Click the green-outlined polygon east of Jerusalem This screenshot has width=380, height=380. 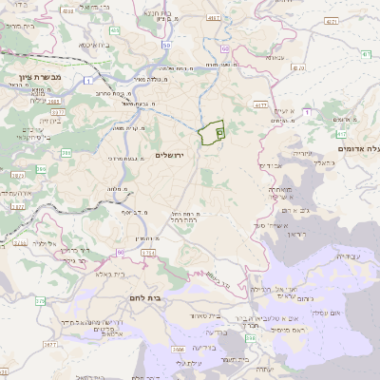click(210, 132)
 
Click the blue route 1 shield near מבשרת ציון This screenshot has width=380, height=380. click(88, 82)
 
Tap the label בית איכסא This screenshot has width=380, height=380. click(92, 45)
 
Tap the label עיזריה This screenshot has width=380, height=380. click(298, 153)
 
